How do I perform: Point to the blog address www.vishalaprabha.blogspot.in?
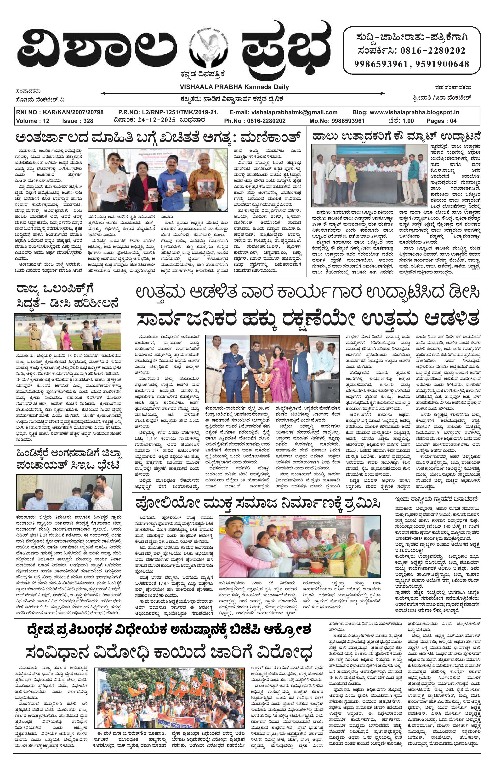[420, 113]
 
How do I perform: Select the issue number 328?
[87, 121]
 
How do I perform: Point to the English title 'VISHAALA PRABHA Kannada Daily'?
[234, 87]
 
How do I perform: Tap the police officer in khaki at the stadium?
[35, 334]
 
